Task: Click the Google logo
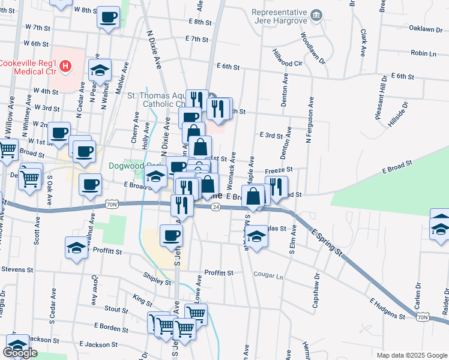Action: [x=20, y=353]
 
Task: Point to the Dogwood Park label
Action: [x=136, y=166]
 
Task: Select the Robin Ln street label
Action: [x=424, y=53]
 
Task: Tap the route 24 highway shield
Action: [x=215, y=206]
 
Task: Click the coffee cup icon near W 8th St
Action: [x=108, y=17]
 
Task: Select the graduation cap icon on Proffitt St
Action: [x=76, y=248]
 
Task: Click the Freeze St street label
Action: [x=279, y=170]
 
